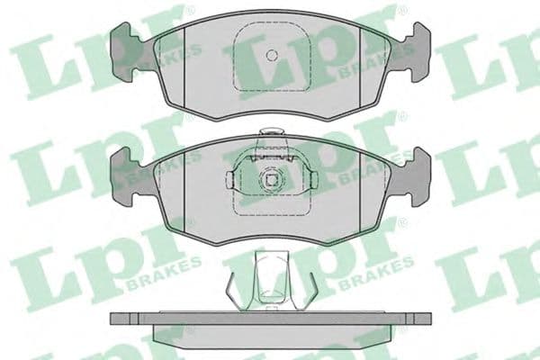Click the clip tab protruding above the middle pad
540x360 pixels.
click(x=269, y=138)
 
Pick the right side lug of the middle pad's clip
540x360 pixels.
click(x=309, y=180)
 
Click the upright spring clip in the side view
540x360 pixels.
click(x=269, y=279)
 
